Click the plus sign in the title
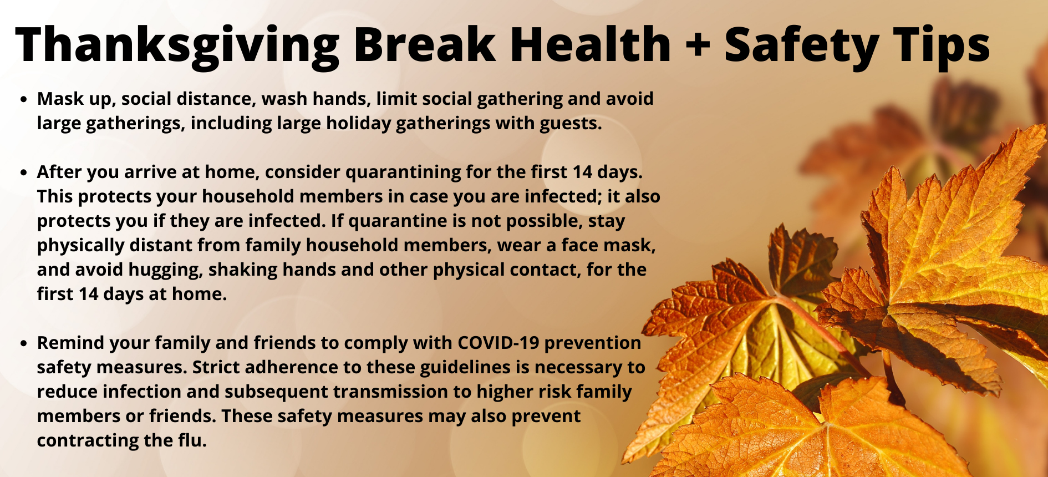(x=698, y=45)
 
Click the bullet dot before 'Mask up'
(x=23, y=100)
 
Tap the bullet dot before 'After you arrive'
(x=23, y=173)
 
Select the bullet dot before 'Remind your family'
(x=23, y=344)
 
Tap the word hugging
(x=165, y=270)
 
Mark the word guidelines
(x=474, y=368)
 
